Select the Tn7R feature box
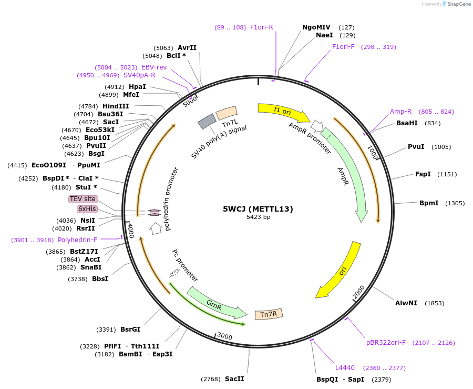(x=269, y=314)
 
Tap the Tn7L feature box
(x=227, y=113)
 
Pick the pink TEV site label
(x=83, y=199)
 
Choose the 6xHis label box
(x=87, y=209)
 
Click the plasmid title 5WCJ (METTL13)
(x=258, y=209)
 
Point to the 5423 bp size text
(x=258, y=217)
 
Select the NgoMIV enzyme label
(x=316, y=27)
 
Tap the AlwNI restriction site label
(x=406, y=303)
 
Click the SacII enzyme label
(x=234, y=378)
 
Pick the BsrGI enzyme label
(x=130, y=330)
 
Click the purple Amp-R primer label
(x=400, y=112)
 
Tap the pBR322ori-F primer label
(x=386, y=343)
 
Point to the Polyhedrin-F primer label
(x=77, y=240)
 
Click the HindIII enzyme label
(x=116, y=106)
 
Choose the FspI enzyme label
(x=423, y=174)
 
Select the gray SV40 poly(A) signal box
(x=207, y=122)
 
